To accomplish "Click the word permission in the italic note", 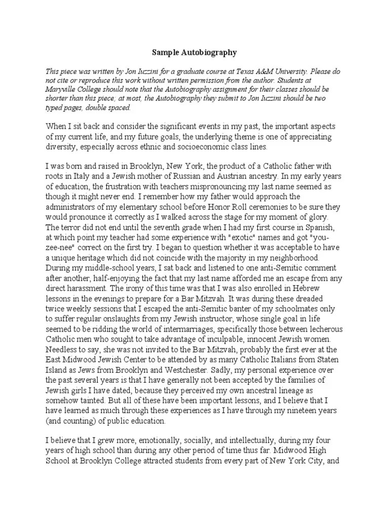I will click(218, 80).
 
